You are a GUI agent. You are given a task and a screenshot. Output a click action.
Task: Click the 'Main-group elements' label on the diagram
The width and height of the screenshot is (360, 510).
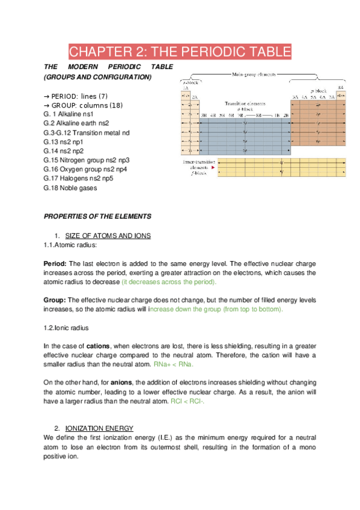[x=254, y=74]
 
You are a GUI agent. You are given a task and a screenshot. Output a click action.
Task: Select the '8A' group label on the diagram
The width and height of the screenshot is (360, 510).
[x=341, y=88]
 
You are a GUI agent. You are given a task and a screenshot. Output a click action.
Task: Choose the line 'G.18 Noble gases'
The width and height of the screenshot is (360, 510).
[x=70, y=188]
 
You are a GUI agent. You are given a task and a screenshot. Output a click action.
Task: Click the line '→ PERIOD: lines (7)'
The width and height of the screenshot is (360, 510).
[x=76, y=96]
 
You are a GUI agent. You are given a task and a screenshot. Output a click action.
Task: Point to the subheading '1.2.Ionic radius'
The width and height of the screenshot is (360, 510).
[x=66, y=328]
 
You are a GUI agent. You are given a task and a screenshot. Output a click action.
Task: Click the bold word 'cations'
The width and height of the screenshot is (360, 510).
[x=98, y=346]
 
